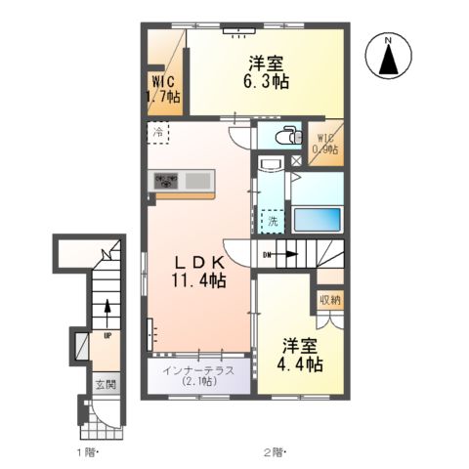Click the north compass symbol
pos(389,56)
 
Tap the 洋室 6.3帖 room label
pos(266,72)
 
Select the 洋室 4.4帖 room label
pos(300,356)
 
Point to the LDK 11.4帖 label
pos(199,272)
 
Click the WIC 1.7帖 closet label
pos(162,89)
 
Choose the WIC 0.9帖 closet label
pos(325,144)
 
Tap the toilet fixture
pos(288,135)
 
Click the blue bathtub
pos(318,219)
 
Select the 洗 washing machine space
pos(273,221)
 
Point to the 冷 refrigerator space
pos(158,133)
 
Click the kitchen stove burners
pos(166,181)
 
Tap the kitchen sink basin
pos(197,181)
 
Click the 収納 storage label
pos(330,300)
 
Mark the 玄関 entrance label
pos(106,385)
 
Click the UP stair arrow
pos(107,315)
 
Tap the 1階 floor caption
pos(88,452)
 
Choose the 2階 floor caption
pos(275,452)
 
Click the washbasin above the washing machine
pos(271,164)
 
